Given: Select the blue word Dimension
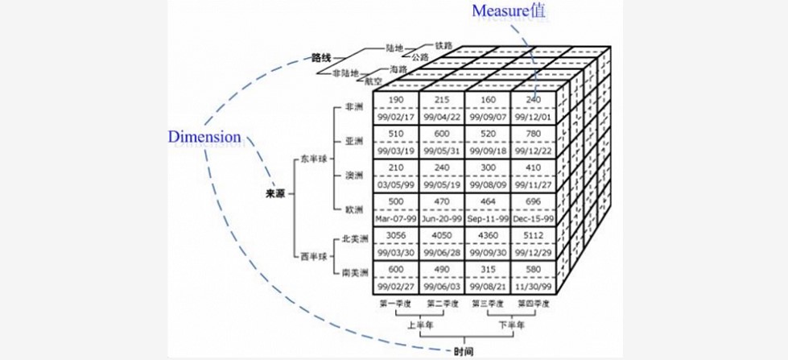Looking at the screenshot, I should pos(204,137).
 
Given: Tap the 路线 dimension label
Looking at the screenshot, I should pos(322,58).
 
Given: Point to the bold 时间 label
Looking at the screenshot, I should pos(464,351).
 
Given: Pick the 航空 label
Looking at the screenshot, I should pos(373,81).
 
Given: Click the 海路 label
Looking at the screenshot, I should pos(397,70).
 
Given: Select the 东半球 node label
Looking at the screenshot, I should pos(312,159).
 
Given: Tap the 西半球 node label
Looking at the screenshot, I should pos(312,257).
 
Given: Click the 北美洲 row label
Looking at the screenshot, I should pos(353,238).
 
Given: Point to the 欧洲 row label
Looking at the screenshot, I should pos(353,209).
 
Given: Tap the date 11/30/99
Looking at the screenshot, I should pos(534,287).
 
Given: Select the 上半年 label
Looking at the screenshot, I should pos(419,325).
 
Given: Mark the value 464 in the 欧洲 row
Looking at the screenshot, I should pos(488,202).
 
